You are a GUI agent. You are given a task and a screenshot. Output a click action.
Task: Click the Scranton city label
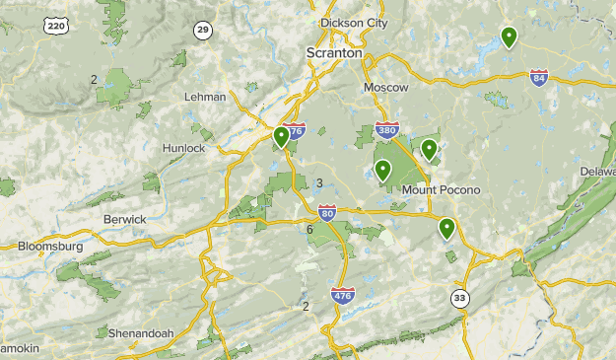click(x=334, y=52)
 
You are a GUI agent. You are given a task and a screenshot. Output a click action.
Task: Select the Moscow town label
click(x=385, y=88)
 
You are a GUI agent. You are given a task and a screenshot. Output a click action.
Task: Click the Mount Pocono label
click(x=441, y=189)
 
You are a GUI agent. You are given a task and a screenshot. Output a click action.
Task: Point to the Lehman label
click(x=205, y=97)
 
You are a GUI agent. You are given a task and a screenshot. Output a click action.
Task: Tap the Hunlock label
click(x=184, y=148)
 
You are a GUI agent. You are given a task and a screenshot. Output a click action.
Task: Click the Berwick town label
click(x=124, y=219)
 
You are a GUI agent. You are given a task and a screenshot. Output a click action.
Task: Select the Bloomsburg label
click(x=50, y=246)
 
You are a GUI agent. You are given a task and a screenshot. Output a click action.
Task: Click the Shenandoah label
click(x=140, y=333)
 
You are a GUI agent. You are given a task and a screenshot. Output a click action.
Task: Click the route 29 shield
click(x=203, y=31)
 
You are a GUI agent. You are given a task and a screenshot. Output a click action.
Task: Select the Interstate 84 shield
click(x=538, y=77)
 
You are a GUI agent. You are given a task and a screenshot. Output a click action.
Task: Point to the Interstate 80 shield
click(x=327, y=212)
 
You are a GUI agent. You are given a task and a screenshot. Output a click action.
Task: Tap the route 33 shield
click(x=459, y=297)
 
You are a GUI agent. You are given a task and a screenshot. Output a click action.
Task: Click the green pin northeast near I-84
click(x=509, y=37)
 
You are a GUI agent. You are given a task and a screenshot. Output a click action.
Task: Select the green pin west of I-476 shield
click(x=282, y=137)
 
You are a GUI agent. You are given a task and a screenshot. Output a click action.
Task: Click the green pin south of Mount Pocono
click(x=446, y=229)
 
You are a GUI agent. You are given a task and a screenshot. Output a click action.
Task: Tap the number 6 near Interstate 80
click(x=309, y=230)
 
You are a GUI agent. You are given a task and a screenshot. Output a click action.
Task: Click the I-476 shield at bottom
click(x=342, y=295)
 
